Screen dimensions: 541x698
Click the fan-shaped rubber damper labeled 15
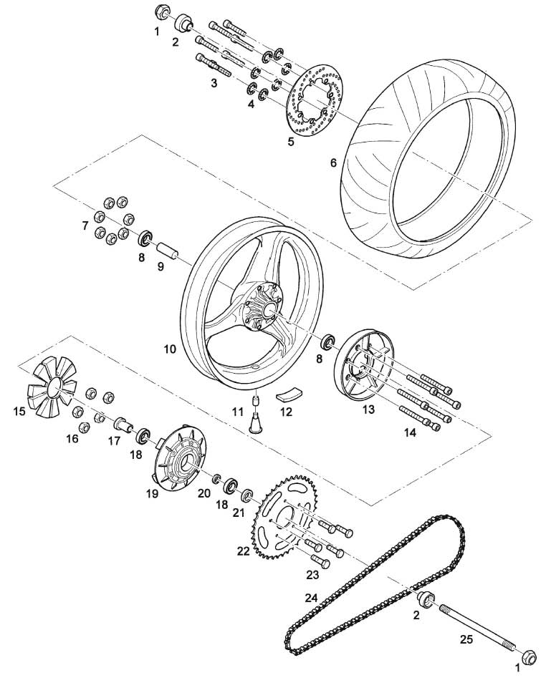click(52, 387)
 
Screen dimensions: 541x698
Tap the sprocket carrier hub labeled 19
click(178, 463)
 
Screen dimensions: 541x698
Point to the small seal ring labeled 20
click(216, 478)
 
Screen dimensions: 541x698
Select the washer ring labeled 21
click(248, 494)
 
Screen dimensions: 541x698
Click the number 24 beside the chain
click(311, 598)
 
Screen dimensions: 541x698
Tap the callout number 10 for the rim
click(170, 349)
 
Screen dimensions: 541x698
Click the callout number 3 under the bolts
click(214, 83)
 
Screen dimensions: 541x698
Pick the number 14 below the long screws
click(410, 432)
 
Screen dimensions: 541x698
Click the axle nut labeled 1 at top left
click(161, 11)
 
